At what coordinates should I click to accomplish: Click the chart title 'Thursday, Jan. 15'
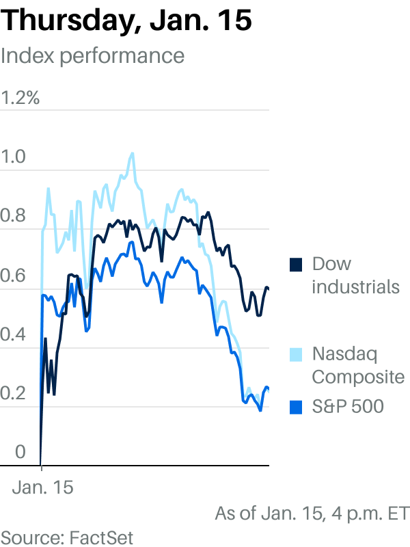click(126, 21)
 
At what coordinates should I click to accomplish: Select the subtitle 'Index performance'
click(92, 56)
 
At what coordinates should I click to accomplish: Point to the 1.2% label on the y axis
click(20, 98)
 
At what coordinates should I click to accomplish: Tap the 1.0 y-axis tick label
click(13, 157)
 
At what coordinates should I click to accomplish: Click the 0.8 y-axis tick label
click(13, 215)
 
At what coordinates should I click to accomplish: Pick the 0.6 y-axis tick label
click(13, 276)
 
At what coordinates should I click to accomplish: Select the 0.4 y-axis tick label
click(13, 334)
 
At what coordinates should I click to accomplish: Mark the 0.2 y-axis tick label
click(13, 393)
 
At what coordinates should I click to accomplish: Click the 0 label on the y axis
click(20, 452)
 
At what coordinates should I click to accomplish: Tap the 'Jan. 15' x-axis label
click(43, 488)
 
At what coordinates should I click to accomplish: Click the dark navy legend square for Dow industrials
click(296, 265)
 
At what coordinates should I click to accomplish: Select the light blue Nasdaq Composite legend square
click(296, 355)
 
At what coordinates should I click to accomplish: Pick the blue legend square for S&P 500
click(296, 408)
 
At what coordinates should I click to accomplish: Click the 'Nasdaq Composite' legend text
click(358, 366)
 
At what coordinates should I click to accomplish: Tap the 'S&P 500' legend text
click(348, 406)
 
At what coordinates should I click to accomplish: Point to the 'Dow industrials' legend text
click(355, 276)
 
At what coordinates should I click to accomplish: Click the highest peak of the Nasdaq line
click(132, 153)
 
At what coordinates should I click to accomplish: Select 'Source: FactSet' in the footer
click(66, 537)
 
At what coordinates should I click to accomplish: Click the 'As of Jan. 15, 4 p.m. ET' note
click(312, 514)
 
